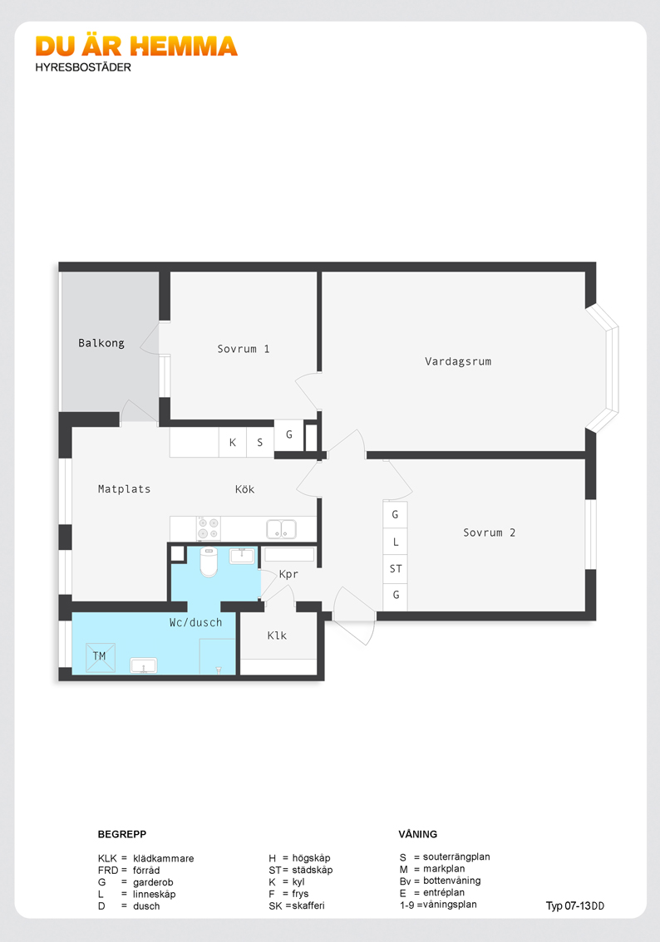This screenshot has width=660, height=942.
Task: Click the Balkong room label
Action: [x=101, y=343]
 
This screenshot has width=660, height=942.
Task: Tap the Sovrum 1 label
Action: [x=244, y=349]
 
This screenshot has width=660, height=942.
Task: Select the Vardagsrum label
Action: [x=458, y=361]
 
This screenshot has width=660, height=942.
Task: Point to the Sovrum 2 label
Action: [x=490, y=532]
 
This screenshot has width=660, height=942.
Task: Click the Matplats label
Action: [x=125, y=489]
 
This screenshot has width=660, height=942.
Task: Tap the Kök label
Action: [x=244, y=489]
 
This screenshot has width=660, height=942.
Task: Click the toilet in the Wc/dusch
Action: [x=209, y=562]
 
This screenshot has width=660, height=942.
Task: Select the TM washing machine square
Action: [x=101, y=657]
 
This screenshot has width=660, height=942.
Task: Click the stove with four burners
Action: [x=209, y=528]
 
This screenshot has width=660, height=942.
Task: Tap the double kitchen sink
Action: [x=281, y=529]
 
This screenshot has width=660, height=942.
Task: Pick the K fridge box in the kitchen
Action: [x=233, y=442]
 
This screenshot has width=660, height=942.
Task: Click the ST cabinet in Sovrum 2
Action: [x=396, y=569]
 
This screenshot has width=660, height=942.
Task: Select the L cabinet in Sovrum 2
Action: [x=396, y=542]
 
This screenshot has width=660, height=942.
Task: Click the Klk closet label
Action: [x=277, y=635]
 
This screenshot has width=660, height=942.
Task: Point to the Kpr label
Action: [x=288, y=574]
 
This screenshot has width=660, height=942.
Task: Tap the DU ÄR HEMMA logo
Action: [x=136, y=47]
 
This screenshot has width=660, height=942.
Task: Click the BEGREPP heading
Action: [x=122, y=834]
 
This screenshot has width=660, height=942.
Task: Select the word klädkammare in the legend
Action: [x=164, y=858]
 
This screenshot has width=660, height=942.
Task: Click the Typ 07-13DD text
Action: [x=575, y=906]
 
